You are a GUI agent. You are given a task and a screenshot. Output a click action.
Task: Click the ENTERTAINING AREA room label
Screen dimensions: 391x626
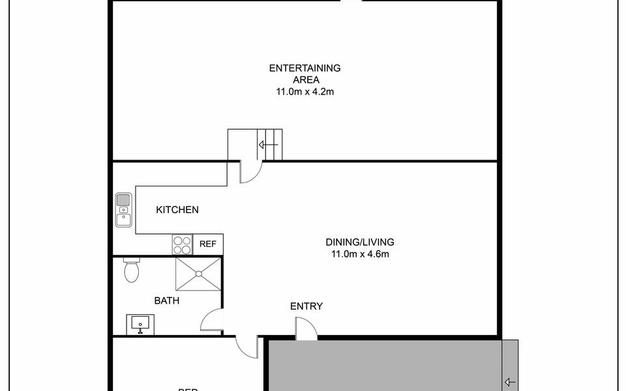[x=305, y=74]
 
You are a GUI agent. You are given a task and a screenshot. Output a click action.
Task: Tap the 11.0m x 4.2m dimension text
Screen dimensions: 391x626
[x=305, y=92]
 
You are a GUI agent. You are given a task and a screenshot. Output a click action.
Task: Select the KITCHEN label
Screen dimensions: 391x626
[x=177, y=210]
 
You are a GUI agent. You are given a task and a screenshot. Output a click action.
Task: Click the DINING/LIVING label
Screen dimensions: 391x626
[x=360, y=242]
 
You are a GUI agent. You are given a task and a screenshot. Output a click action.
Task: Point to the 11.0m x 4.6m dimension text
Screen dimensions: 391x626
[x=360, y=254]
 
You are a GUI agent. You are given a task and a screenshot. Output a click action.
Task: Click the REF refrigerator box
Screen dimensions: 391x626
[x=208, y=244]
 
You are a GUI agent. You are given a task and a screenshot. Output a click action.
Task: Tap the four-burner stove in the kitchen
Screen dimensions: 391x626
[x=182, y=244]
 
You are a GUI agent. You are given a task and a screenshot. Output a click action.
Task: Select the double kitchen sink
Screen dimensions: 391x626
[x=123, y=210]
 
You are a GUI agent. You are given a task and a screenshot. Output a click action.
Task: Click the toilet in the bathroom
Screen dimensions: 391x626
[x=131, y=270]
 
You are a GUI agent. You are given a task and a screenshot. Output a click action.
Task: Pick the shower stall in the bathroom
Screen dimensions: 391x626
[x=198, y=274]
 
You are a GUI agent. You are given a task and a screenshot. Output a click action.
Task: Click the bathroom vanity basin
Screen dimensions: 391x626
[x=140, y=323]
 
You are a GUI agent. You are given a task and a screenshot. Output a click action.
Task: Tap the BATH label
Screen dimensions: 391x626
[x=167, y=300]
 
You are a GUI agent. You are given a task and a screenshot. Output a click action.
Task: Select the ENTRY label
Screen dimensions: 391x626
[x=306, y=306]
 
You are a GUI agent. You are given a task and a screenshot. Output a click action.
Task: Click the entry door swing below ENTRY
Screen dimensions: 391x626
[x=305, y=328]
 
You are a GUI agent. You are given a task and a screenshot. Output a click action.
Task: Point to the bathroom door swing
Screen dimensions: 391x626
[x=213, y=321]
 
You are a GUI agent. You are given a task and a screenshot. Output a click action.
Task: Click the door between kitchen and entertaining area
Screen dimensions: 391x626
[x=250, y=171]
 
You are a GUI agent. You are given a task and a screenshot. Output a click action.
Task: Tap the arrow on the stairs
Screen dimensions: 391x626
[x=268, y=145]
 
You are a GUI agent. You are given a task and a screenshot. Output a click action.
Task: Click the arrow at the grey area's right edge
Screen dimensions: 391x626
[x=510, y=382]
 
